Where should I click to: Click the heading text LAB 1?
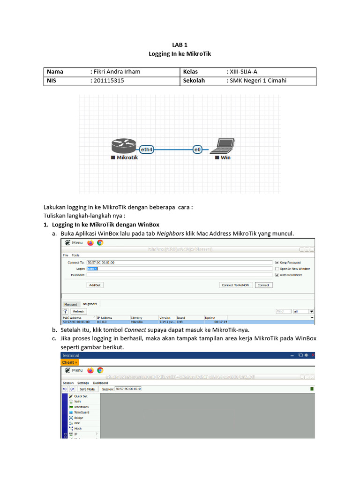pyautogui.click(x=180, y=45)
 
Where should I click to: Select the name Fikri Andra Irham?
pyautogui.click(x=117, y=72)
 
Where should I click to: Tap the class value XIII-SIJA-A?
pyautogui.click(x=243, y=72)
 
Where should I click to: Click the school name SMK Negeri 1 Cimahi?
pyautogui.click(x=257, y=81)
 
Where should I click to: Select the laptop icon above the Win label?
pyautogui.click(x=222, y=146)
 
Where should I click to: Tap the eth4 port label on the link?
pyautogui.click(x=147, y=150)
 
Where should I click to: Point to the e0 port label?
pyautogui.click(x=197, y=150)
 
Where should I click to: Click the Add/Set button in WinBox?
pyautogui.click(x=95, y=285)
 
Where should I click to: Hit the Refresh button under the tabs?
pyautogui.click(x=78, y=311)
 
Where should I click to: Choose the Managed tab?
pyautogui.click(x=71, y=304)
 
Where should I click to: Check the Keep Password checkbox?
pyautogui.click(x=277, y=263)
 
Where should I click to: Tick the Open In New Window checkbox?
pyautogui.click(x=277, y=269)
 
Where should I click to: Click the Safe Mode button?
pyautogui.click(x=87, y=389)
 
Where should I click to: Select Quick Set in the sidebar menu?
pyautogui.click(x=81, y=396)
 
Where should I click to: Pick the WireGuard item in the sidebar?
pyautogui.click(x=81, y=412)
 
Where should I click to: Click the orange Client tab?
pyautogui.click(x=70, y=362)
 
